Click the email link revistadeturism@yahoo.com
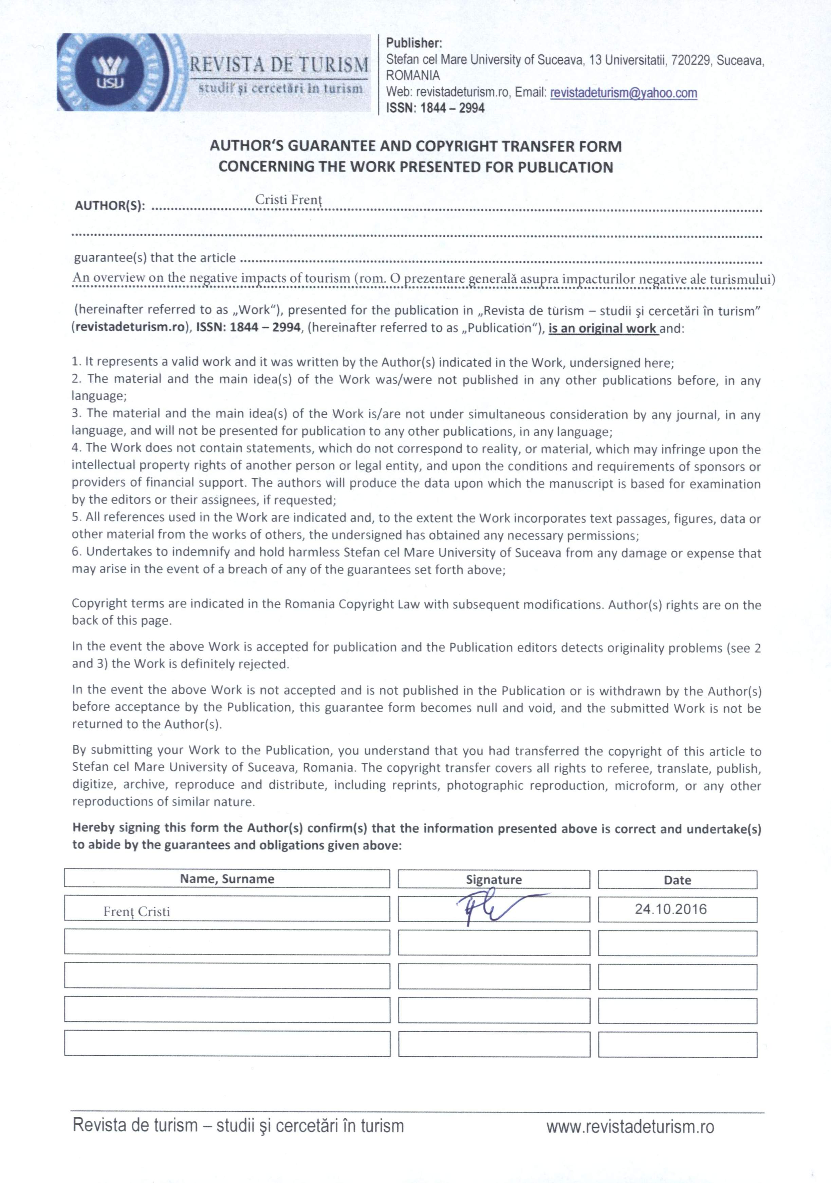623,93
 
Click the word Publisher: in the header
414,43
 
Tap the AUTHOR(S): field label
110,206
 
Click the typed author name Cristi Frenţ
289,200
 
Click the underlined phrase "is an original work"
602,328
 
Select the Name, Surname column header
227,878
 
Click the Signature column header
494,879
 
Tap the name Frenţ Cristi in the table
136,911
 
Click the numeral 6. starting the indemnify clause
77,552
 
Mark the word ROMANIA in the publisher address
413,76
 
